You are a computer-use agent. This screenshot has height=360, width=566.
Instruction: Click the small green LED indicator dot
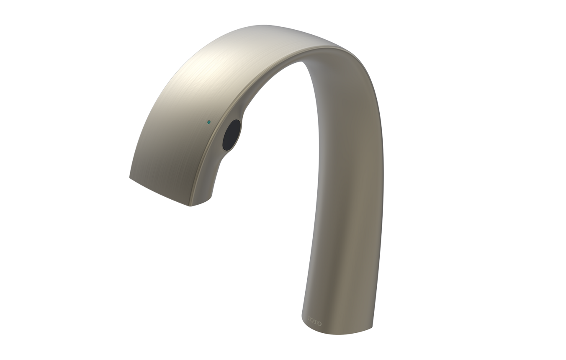coord(209,123)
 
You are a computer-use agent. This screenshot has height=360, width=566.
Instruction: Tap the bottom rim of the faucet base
coord(335,334)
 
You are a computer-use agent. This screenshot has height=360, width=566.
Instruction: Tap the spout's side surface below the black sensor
coord(218,176)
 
